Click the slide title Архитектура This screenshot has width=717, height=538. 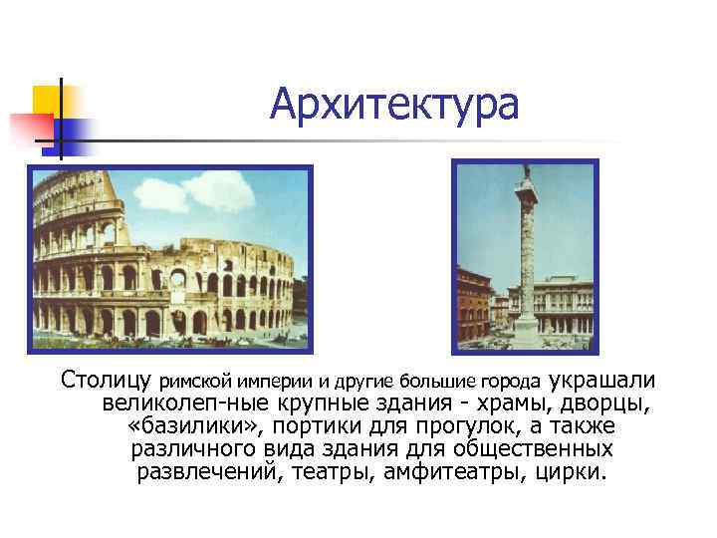point(393,104)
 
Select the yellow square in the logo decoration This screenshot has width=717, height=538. point(47,101)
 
